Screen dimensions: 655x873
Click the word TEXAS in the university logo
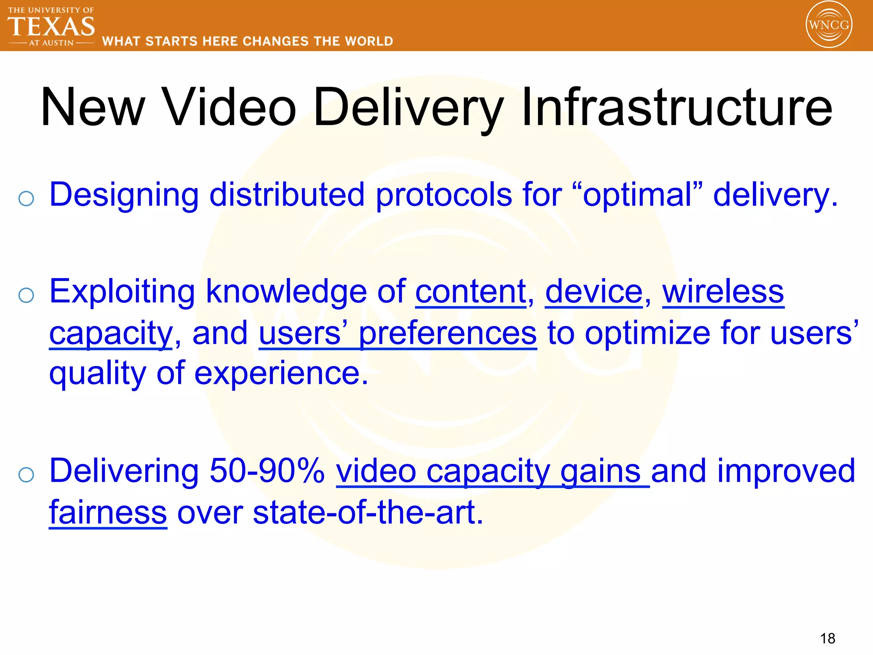(51, 26)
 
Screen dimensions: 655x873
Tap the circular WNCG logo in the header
(829, 25)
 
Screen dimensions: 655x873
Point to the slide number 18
(827, 638)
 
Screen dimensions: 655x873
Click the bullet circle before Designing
(26, 198)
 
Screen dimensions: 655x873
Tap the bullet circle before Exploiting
(26, 295)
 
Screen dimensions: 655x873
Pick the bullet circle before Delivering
(26, 474)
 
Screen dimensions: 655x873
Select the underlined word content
(471, 292)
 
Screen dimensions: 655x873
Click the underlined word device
(594, 292)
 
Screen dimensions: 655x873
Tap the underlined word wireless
(723, 292)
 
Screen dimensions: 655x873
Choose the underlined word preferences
(448, 333)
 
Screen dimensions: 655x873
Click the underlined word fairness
(108, 513)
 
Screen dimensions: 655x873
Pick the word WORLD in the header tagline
(369, 41)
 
